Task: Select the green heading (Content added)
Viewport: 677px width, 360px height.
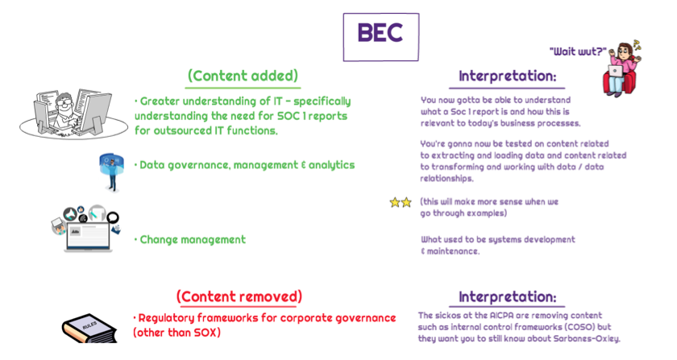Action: click(243, 76)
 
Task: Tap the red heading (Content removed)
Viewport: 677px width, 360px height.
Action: click(239, 296)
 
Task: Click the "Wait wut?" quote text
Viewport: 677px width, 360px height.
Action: click(578, 52)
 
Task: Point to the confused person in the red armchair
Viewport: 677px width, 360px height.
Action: click(621, 68)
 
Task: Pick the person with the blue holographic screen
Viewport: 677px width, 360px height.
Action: click(112, 172)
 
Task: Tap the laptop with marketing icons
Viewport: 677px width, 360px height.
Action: click(86, 229)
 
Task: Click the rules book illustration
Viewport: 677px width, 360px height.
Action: click(89, 329)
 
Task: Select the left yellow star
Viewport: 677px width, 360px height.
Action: click(395, 202)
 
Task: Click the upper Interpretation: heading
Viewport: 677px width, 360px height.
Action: click(507, 77)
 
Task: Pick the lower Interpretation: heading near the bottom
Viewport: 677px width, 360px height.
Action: click(507, 297)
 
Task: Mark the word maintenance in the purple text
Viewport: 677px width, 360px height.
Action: click(453, 251)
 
